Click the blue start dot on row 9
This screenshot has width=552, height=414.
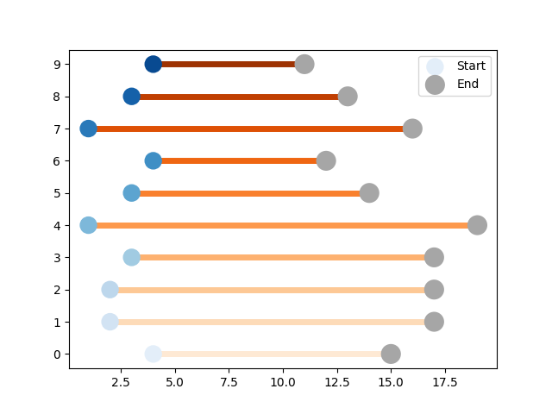154,65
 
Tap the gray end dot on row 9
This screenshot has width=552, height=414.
304,65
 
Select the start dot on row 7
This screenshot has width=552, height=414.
88,129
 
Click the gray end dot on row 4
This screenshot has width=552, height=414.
477,225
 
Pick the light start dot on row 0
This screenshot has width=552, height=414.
154,354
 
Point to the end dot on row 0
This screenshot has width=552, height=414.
391,354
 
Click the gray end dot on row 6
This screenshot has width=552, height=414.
326,161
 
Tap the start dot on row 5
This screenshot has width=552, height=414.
132,193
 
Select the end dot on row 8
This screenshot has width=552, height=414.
348,97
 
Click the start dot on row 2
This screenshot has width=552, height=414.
110,290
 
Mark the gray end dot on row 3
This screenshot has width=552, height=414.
434,258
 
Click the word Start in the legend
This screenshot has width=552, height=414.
471,66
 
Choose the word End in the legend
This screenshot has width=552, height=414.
467,84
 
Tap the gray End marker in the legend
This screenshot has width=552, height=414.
435,85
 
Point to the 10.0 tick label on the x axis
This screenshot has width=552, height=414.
283,382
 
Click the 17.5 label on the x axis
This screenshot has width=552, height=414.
445,382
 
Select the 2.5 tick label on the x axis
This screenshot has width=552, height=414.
121,382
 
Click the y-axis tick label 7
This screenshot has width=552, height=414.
57,129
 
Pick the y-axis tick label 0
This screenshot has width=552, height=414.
57,354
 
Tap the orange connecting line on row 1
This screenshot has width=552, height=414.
272,322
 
